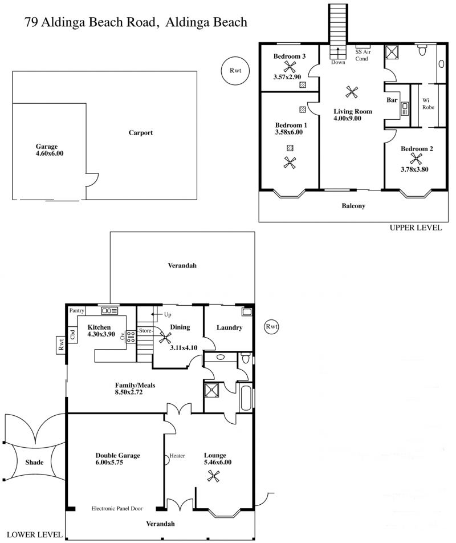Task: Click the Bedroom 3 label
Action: tap(289, 56)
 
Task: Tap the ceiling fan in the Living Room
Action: tap(352, 92)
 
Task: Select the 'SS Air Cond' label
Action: tap(363, 55)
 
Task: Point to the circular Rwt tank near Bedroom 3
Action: tap(235, 71)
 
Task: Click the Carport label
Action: tap(140, 133)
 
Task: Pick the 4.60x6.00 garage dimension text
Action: tap(50, 153)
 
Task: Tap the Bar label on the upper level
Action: tap(392, 100)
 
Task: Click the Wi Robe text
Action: tap(428, 104)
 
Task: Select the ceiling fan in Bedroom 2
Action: tap(416, 159)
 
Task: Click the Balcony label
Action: tap(353, 206)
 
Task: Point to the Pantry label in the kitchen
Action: tap(76, 310)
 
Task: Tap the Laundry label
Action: tap(229, 327)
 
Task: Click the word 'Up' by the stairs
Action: tap(168, 315)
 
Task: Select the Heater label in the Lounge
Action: tap(177, 456)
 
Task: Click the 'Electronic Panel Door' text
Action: tap(117, 508)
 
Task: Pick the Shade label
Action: tap(34, 463)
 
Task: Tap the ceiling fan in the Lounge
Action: tap(213, 476)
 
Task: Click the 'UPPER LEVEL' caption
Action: tap(416, 228)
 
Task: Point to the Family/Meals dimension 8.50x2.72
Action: tap(129, 392)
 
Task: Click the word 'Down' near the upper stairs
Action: tap(338, 62)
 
